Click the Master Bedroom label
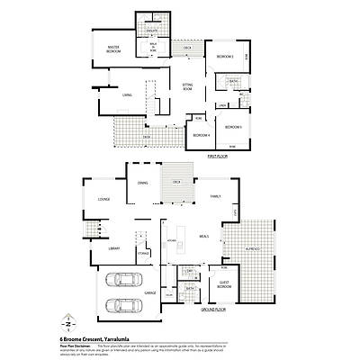tap(114, 51)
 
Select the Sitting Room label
tap(187, 88)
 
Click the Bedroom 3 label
tap(234, 127)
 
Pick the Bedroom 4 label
tap(201, 135)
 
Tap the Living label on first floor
tap(128, 94)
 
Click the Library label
tap(114, 247)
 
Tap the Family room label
tap(215, 195)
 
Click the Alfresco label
tap(253, 247)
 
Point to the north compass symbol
tap(70, 321)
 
